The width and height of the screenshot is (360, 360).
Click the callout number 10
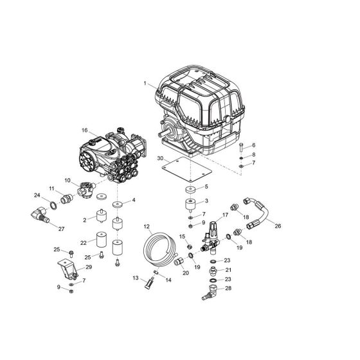pyautogui.click(x=66, y=182)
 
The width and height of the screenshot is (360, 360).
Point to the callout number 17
pyautogui.click(x=226, y=215)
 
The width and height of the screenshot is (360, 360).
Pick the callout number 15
pyautogui.click(x=183, y=237)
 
